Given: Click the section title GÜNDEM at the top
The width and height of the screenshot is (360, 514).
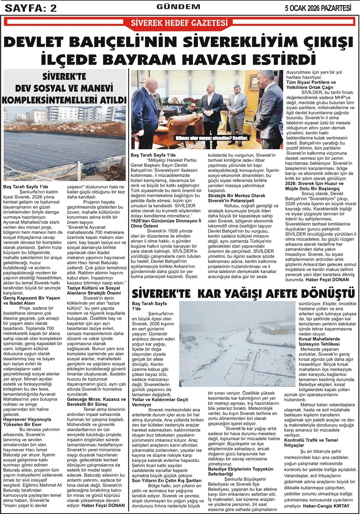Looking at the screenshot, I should click(178, 7).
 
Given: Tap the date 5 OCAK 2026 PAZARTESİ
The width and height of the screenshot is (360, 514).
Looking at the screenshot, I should click(318, 8).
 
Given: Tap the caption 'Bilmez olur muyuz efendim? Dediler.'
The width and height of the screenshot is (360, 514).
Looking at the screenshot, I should click(212, 138).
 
